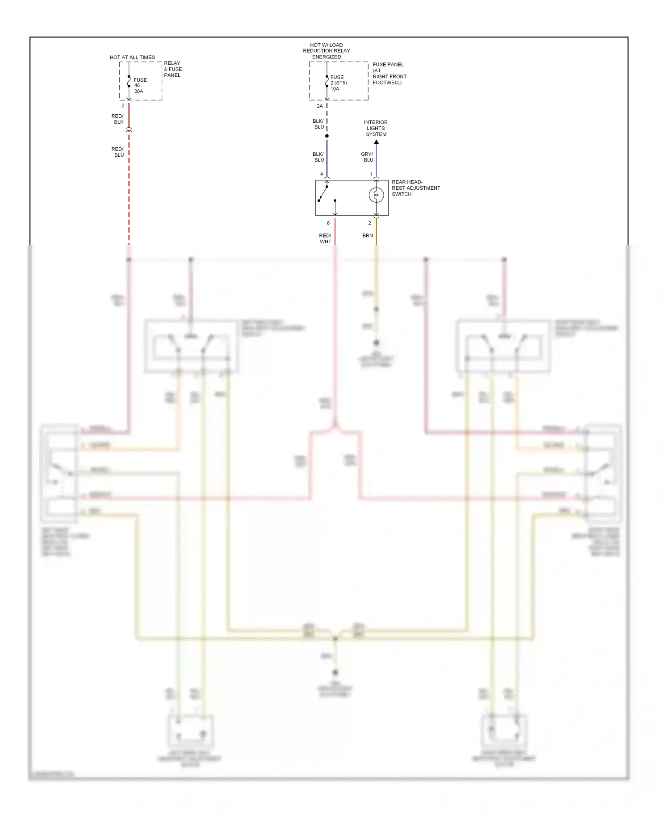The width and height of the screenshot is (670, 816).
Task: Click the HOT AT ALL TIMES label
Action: [x=132, y=58]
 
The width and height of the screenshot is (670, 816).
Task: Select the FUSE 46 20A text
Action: [x=140, y=86]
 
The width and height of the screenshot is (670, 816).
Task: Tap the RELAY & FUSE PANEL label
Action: [x=173, y=69]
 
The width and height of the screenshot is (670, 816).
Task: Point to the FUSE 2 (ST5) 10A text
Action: [x=338, y=83]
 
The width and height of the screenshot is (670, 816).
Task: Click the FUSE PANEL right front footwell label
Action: [x=389, y=74]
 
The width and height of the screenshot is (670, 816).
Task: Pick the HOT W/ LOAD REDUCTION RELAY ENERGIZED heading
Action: [x=327, y=51]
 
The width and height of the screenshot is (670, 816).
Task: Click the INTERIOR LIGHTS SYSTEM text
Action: [x=376, y=128]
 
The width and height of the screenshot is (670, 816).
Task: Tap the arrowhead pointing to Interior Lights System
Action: [x=377, y=142]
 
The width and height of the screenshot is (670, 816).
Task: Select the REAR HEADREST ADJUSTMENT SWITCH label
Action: [x=415, y=188]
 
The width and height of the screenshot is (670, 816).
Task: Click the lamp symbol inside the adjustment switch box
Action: [x=376, y=195]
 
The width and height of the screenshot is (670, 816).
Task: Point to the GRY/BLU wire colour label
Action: [x=367, y=157]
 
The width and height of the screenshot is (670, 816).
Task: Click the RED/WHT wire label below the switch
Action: [x=325, y=238]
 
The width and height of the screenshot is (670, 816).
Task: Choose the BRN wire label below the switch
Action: [x=368, y=236]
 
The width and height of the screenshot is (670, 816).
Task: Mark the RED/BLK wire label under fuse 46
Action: [x=118, y=119]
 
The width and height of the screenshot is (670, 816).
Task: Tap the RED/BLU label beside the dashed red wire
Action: [x=118, y=152]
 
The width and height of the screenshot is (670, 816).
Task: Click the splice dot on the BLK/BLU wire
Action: [x=327, y=136]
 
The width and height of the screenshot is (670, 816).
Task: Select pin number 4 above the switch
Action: [x=322, y=174]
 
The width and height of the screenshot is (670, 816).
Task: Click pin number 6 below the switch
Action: [x=328, y=223]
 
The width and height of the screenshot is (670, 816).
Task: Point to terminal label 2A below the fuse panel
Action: [x=320, y=106]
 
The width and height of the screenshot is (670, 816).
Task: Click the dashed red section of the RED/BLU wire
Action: [x=129, y=187]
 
